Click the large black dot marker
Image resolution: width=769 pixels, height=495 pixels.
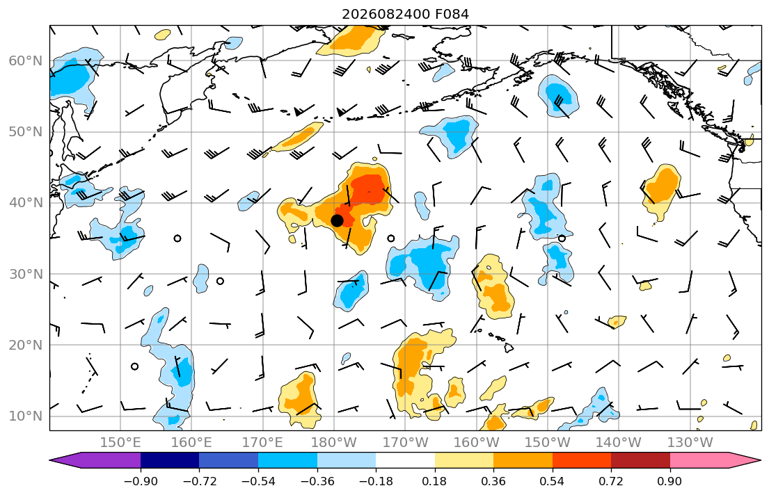tap(337, 220)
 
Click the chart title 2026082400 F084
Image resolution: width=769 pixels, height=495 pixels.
tap(405, 14)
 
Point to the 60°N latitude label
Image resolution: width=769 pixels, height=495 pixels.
tap(26, 60)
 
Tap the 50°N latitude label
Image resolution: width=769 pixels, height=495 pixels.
tap(26, 132)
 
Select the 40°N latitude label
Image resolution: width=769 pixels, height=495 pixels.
tap(26, 202)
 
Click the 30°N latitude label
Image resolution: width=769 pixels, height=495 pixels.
tap(26, 274)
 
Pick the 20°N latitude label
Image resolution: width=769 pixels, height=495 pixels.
tap(26, 345)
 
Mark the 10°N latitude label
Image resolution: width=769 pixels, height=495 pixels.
tap(26, 416)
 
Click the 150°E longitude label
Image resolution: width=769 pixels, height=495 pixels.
tap(120, 443)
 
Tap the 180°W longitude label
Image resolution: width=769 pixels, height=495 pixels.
tap(334, 443)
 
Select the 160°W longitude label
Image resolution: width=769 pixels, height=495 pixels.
tap(476, 443)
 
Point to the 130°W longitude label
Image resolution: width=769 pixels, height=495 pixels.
tap(690, 443)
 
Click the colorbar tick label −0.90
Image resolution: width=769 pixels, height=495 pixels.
tap(141, 481)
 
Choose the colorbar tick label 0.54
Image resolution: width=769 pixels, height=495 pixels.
tap(553, 481)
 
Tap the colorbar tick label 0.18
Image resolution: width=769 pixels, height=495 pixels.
tap(434, 481)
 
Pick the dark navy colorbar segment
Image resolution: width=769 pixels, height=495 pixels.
tap(170, 460)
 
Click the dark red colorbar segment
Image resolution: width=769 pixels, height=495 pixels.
tap(640, 460)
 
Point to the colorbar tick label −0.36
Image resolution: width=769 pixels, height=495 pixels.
tap(317, 481)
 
